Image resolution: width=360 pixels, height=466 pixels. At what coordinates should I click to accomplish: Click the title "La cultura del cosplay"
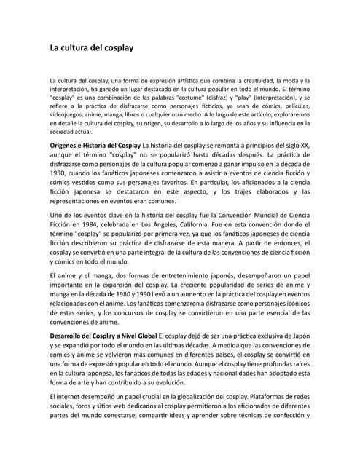(91, 49)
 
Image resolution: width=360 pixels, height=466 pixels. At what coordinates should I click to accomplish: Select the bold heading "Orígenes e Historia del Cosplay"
(95, 146)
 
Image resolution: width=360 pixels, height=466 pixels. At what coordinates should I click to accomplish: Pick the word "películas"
(293, 105)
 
